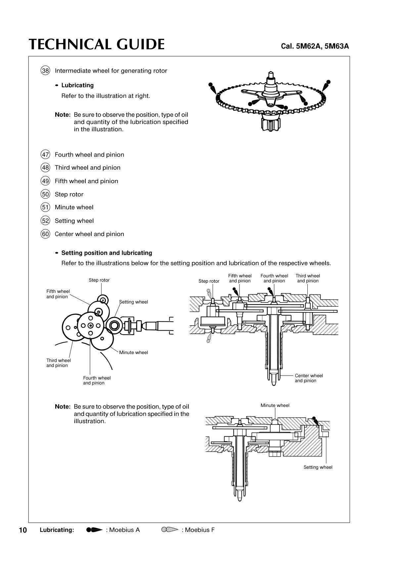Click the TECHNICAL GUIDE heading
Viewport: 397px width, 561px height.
coord(97,44)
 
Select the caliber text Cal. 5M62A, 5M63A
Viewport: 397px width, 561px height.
coord(315,46)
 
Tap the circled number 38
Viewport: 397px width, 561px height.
coord(45,71)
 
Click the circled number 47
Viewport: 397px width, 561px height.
coord(45,154)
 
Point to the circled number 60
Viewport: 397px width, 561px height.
coord(45,234)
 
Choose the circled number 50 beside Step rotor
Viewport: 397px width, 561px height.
coord(45,194)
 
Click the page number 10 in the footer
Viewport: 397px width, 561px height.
coord(23,530)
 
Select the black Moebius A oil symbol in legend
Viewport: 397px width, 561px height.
coord(94,530)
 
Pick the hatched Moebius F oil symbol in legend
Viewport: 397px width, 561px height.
coord(170,530)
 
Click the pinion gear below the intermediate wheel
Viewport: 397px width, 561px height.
coord(271,123)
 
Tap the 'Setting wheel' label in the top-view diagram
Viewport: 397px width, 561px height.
coord(133,302)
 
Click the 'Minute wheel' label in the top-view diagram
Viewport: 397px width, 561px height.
coord(133,353)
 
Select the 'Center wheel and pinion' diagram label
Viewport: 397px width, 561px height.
coord(309,378)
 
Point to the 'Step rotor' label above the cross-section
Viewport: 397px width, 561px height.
coord(209,281)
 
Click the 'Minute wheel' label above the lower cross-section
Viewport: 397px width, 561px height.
coord(275,406)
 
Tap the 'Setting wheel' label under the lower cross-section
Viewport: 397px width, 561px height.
coord(318,467)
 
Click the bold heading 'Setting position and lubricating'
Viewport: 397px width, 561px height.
coord(107,253)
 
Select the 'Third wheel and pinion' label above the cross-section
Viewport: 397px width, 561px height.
coord(308,278)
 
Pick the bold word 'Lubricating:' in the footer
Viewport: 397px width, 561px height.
coord(57,530)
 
